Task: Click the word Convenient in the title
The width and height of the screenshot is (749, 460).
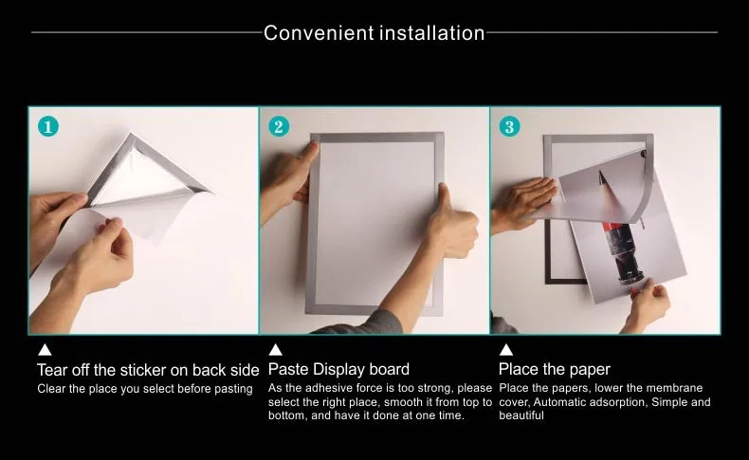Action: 319,33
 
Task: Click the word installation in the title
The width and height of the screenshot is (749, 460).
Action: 432,33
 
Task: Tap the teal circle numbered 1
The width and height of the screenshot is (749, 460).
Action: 48,126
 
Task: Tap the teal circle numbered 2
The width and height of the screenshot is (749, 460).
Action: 279,126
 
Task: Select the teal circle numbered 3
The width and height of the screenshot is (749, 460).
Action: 510,126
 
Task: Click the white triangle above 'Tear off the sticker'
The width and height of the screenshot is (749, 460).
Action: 45,350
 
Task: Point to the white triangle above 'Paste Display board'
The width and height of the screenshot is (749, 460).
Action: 276,350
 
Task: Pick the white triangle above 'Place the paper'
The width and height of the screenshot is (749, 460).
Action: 506,350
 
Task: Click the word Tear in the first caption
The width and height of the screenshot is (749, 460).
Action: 51,370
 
